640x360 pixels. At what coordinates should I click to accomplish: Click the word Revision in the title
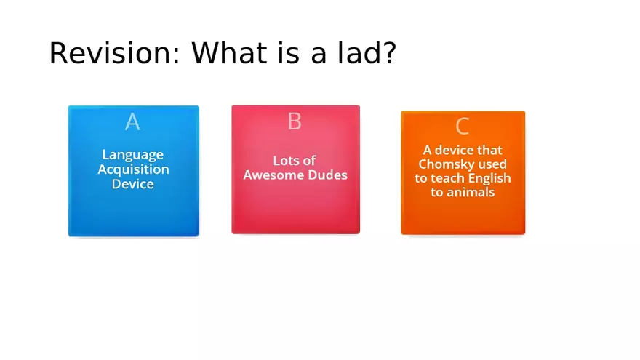[114, 53]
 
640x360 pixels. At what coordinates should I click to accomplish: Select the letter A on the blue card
[132, 121]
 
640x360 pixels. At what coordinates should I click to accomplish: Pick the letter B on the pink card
[295, 121]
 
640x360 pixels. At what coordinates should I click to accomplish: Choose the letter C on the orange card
[462, 126]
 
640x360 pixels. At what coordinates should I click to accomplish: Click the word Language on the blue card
[132, 155]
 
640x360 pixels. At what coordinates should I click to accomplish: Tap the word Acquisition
[134, 169]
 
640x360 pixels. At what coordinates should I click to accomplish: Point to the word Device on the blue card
[133, 184]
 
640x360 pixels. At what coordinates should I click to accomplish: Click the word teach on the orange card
[447, 178]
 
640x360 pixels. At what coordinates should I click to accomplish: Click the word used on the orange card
[495, 164]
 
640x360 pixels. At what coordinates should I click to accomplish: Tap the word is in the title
[288, 52]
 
